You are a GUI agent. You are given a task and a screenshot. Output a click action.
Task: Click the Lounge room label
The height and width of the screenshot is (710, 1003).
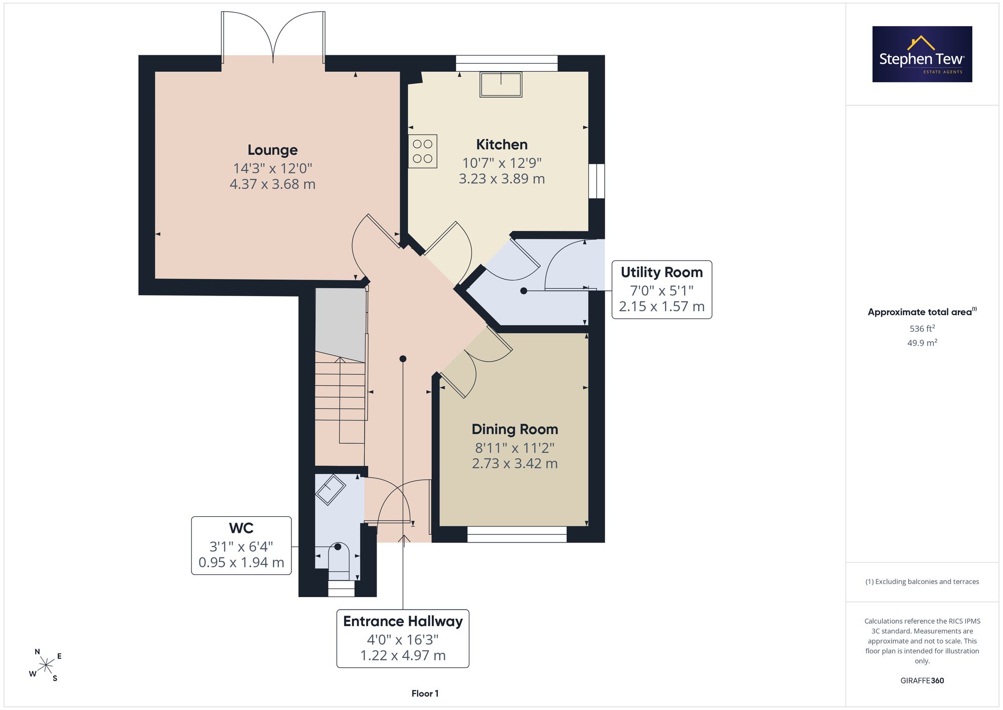(272, 150)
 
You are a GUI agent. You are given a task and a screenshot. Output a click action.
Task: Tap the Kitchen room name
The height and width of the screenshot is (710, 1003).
(501, 145)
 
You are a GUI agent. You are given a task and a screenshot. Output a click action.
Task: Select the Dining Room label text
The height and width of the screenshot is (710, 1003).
(515, 430)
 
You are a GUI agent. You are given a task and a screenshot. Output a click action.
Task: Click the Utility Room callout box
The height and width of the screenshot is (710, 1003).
(661, 290)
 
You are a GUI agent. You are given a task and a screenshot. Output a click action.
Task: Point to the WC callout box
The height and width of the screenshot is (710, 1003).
(241, 545)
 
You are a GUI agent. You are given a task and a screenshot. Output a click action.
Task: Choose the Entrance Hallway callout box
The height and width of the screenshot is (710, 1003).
(403, 638)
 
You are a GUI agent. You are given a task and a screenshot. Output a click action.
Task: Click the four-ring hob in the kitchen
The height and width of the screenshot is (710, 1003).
(422, 151)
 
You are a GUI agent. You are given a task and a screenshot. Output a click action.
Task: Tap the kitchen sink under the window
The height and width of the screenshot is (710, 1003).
(501, 84)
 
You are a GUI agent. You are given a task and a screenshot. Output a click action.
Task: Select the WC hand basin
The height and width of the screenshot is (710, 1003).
(330, 489)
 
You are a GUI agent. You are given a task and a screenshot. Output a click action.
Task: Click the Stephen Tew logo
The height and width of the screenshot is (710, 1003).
(922, 54)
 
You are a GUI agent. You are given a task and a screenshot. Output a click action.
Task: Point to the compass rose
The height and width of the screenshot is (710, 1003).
(46, 665)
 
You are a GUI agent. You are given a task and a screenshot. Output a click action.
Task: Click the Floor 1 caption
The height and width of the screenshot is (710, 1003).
(425, 693)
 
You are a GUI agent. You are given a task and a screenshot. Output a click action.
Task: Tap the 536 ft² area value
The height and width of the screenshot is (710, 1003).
(922, 329)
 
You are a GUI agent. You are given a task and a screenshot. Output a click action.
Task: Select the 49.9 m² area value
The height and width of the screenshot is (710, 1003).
(922, 343)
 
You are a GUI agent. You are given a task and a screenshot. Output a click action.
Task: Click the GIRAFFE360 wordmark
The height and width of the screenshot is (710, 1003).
(922, 680)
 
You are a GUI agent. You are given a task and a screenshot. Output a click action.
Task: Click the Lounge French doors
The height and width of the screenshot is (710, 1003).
(273, 38)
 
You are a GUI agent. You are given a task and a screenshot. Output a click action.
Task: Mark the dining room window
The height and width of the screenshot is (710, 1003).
(517, 534)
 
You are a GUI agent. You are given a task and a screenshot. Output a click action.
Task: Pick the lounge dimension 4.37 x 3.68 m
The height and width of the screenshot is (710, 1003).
(272, 184)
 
